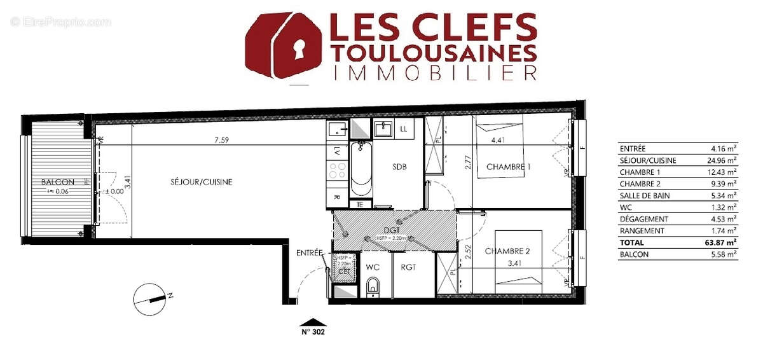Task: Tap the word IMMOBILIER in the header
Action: [434, 72]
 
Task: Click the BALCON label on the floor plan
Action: [58, 182]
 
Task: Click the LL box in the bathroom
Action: [404, 129]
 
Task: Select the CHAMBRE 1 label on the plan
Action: [508, 167]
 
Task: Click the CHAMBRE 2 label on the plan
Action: [507, 251]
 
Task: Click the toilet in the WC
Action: [373, 286]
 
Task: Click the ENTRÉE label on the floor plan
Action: [310, 253]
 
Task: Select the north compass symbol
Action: [153, 298]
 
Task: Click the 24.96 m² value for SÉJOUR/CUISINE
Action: [724, 160]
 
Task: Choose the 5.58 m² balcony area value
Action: [724, 254]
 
